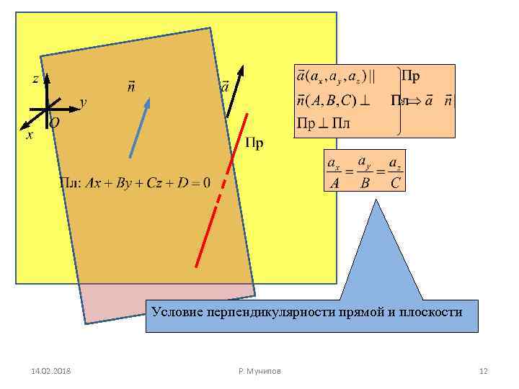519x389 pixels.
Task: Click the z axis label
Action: [x=35, y=79]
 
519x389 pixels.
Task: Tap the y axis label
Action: [x=83, y=103]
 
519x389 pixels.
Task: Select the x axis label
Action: [x=29, y=135]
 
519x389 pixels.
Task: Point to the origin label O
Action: [x=55, y=123]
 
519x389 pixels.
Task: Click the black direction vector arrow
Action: [x=235, y=91]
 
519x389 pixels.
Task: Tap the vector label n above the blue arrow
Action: [x=131, y=87]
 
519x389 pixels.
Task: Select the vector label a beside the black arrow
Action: [x=224, y=86]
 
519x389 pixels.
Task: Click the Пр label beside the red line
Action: [x=254, y=143]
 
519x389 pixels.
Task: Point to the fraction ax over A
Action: [x=334, y=173]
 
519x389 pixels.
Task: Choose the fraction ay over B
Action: [x=365, y=173]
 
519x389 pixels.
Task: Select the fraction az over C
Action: [x=395, y=173]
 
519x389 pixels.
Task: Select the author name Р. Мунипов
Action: [x=259, y=371]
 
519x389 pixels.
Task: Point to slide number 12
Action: [x=484, y=371]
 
